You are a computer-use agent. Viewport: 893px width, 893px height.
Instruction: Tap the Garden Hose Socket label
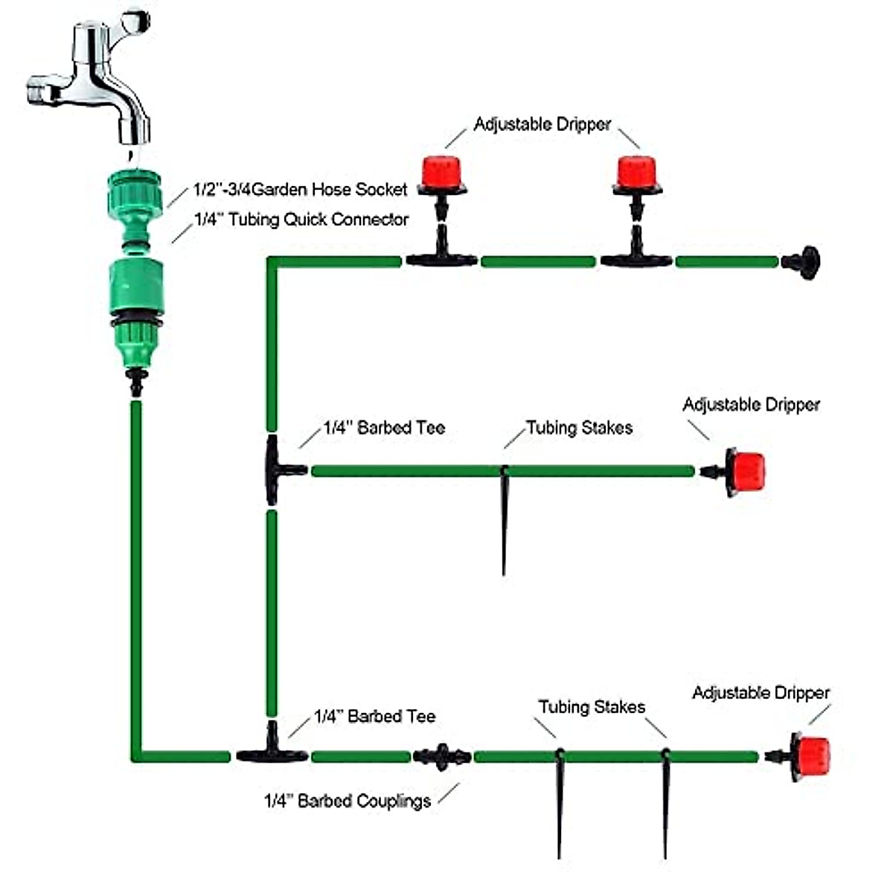click(300, 190)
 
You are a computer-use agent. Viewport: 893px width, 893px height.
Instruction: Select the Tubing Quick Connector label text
click(301, 220)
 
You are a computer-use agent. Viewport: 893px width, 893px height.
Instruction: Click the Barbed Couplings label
click(348, 801)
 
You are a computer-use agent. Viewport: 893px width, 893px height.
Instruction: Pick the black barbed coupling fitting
click(442, 756)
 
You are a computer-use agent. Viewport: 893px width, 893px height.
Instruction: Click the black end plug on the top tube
click(802, 262)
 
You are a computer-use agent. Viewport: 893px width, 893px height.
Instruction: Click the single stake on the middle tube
click(505, 521)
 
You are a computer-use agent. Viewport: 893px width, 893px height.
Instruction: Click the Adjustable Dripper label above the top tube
click(542, 124)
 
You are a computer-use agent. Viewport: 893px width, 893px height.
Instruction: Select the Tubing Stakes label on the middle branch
click(580, 428)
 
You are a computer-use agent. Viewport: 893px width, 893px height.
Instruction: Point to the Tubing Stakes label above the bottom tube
click(592, 707)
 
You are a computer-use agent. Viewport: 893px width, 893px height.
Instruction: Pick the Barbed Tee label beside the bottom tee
click(374, 717)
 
